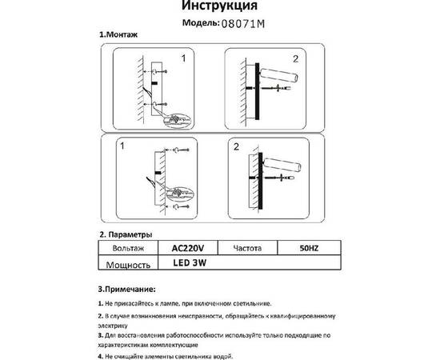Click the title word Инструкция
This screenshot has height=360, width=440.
click(x=220, y=6)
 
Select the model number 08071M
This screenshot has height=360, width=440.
click(x=246, y=24)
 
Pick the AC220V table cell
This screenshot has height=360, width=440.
click(x=189, y=248)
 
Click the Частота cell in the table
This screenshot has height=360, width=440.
click(x=249, y=248)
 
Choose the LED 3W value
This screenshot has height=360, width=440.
click(x=186, y=263)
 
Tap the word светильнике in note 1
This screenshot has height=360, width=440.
click(x=251, y=304)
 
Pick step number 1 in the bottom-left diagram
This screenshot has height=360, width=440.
click(x=122, y=147)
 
